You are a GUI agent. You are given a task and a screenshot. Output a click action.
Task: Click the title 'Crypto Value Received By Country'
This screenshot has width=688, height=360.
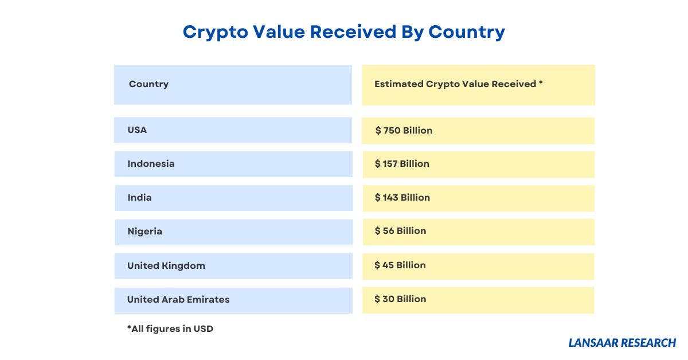pos(343,32)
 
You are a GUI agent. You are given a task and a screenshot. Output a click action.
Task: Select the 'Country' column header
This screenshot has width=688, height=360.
pos(148,84)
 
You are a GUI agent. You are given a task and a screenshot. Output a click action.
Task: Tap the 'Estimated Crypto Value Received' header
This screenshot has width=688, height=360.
pos(455,84)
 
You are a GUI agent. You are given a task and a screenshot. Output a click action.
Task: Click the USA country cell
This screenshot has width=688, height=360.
pos(137,130)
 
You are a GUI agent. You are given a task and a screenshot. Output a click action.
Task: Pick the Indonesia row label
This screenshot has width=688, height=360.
pos(151,164)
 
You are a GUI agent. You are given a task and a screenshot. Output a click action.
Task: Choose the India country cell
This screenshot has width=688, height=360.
pos(139,198)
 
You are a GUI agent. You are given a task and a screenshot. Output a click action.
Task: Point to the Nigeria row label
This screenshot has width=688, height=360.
pos(144,232)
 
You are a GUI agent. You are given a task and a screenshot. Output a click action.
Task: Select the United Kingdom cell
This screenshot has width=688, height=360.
pos(166,266)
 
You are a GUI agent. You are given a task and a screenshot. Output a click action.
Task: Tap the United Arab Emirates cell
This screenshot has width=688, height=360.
pos(178,299)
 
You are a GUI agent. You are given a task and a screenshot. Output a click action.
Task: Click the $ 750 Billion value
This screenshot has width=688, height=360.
pos(404,131)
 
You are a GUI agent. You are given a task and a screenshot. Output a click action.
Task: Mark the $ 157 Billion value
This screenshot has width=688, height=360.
pos(402,164)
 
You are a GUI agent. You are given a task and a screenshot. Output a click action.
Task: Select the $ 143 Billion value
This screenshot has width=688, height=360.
pos(402,198)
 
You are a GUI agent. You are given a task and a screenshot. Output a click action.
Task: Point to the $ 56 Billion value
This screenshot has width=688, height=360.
pos(400,231)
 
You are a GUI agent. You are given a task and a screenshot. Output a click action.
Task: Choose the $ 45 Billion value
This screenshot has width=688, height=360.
pos(400,265)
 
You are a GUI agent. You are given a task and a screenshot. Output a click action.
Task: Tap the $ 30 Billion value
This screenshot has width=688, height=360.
pos(400,299)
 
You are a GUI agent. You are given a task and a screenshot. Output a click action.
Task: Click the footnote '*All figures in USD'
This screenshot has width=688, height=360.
pos(170,329)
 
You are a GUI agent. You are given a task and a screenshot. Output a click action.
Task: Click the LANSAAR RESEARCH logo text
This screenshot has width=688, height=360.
pos(622,343)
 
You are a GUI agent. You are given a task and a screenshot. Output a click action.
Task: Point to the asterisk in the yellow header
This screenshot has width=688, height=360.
pos(541,84)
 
